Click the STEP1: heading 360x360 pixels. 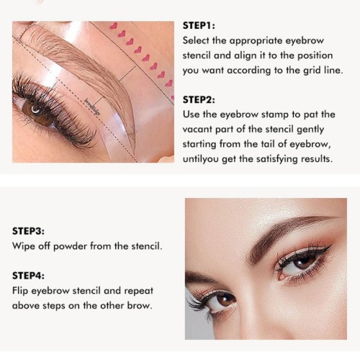click(199, 26)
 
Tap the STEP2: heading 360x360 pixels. click(199, 99)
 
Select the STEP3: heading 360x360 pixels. click(28, 231)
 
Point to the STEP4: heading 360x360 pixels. click(28, 276)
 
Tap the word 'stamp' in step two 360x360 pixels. click(274, 114)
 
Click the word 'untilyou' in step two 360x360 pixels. click(201, 159)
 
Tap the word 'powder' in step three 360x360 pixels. click(70, 247)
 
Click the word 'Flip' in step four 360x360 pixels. click(20, 291)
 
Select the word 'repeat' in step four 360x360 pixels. click(138, 291)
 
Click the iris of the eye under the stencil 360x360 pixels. click(36, 111)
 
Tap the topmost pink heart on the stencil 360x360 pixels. click(113, 26)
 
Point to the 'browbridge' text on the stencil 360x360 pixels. click(92, 107)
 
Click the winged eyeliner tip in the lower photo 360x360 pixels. click(331, 246)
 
